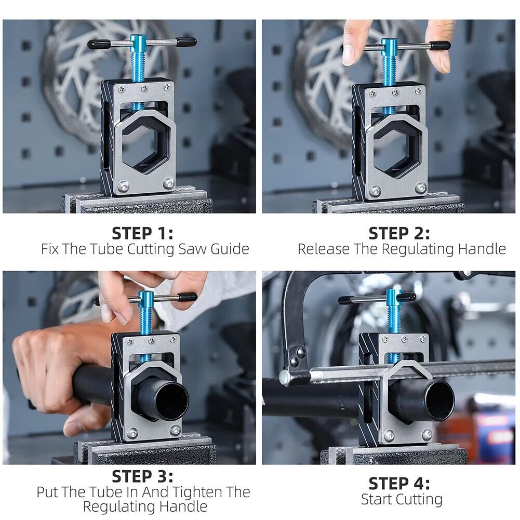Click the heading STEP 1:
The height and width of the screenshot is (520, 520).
tap(143, 233)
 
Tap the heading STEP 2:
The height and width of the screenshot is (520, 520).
tap(399, 233)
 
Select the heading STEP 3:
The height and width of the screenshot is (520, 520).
tap(143, 476)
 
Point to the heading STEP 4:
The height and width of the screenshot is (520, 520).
tap(399, 483)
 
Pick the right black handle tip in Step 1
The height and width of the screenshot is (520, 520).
tap(186, 42)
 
